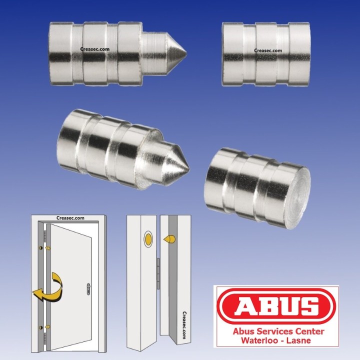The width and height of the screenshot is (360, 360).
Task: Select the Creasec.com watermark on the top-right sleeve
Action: (268, 50)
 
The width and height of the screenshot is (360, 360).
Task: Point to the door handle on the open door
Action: (88, 288)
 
